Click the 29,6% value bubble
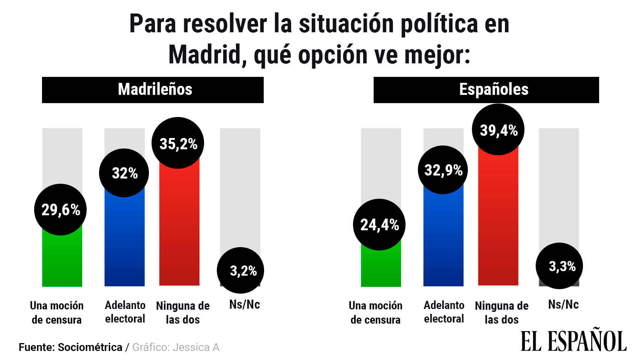coord(60,210)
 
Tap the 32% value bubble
coord(124,173)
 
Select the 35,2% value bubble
coord(178,143)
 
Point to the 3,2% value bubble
coord(241,270)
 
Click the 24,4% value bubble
coord(379,225)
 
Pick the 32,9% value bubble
coord(443,170)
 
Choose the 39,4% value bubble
coord(498,130)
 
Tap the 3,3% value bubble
coord(559,266)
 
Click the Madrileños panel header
coord(153,90)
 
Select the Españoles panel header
coord(486,90)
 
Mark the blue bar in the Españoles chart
coord(443,240)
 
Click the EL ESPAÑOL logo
coord(574,340)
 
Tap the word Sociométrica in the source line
coord(90,347)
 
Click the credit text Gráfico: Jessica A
coord(176,347)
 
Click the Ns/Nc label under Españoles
coord(563,304)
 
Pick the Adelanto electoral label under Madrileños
coord(125,312)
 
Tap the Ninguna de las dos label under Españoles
coord(502,313)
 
